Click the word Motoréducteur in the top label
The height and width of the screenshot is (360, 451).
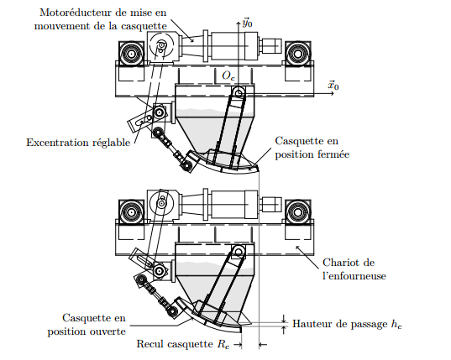pos(76,13)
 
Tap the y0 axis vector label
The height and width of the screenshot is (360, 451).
pos(248,23)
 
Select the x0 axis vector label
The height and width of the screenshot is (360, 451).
pos(333,86)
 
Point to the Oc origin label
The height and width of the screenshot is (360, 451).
pos(228,76)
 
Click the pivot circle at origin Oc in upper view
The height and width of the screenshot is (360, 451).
pos(239,93)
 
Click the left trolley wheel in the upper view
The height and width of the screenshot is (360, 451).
pos(131,54)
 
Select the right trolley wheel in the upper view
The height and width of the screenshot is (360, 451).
pos(297,54)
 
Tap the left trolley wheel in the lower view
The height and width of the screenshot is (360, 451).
pos(131,212)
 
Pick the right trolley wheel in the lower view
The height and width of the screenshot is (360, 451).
pos(297,212)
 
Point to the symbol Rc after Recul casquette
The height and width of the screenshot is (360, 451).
pos(223,344)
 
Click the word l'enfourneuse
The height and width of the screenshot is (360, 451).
pos(354,276)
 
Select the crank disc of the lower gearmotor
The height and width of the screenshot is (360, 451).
pos(161,203)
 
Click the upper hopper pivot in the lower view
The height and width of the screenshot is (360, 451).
pos(239,253)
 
